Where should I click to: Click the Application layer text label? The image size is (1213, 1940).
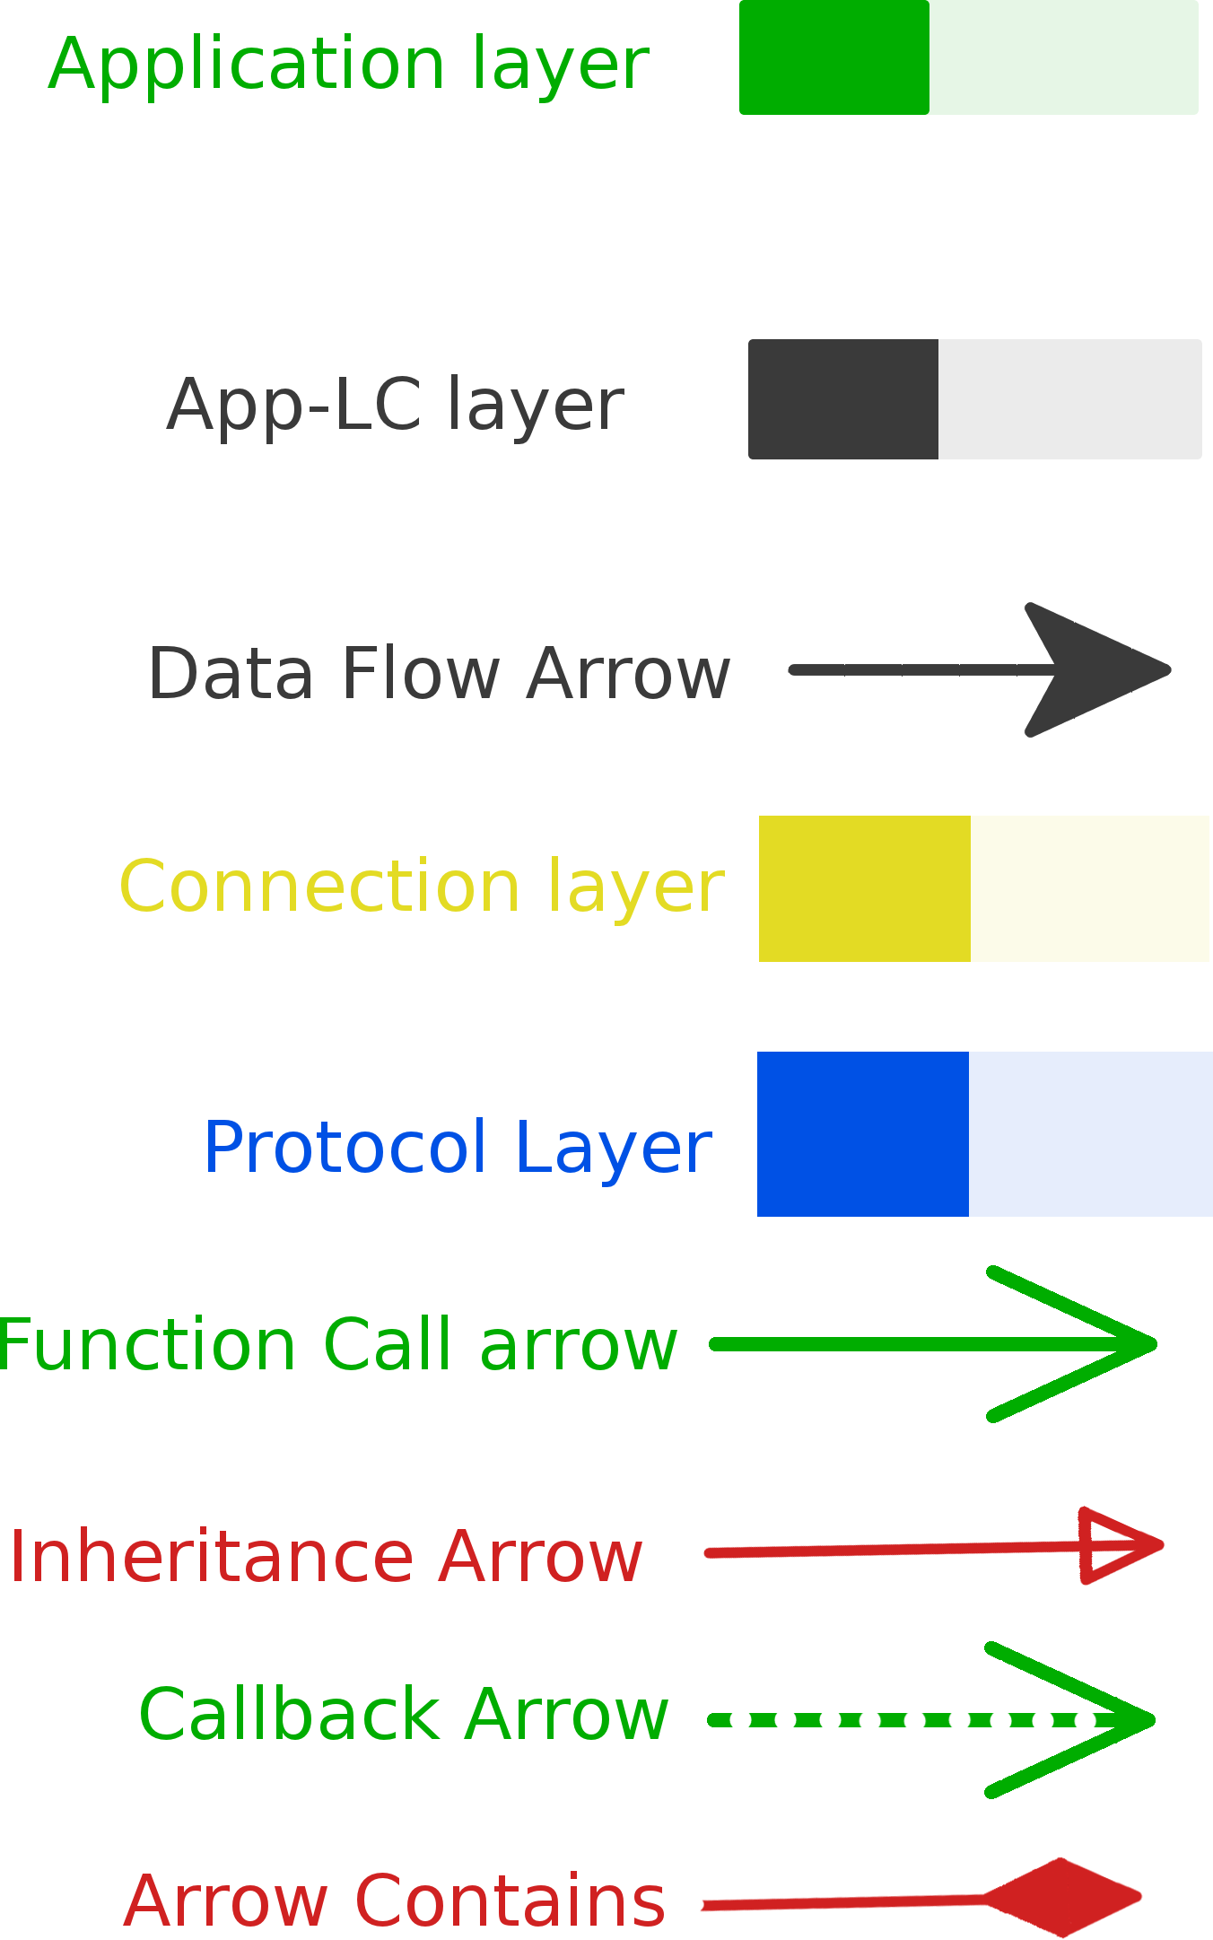[x=348, y=65]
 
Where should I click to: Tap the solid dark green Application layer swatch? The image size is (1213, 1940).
[x=833, y=57]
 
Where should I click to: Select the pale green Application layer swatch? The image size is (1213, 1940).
[x=1063, y=57]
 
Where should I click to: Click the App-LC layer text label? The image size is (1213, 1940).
[x=395, y=406]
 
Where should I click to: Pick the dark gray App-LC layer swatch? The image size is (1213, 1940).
[x=842, y=399]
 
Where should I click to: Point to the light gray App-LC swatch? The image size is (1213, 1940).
[x=1069, y=399]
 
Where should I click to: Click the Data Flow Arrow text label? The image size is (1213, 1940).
[x=439, y=674]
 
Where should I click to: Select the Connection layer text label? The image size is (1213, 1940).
[x=421, y=887]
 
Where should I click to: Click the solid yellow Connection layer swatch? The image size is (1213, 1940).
[x=864, y=888]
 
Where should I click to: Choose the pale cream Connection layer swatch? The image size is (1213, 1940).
[x=1089, y=888]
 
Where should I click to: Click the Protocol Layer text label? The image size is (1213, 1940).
[x=458, y=1148]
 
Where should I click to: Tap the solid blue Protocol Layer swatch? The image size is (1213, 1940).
[x=862, y=1134]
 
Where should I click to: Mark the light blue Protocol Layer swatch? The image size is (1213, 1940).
[x=1090, y=1134]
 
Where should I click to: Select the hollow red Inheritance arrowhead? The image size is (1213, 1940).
[x=1117, y=1545]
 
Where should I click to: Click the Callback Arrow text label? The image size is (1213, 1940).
[x=404, y=1716]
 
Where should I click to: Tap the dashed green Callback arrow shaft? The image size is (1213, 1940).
[x=897, y=1720]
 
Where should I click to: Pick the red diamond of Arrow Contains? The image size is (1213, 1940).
[x=1063, y=1897]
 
